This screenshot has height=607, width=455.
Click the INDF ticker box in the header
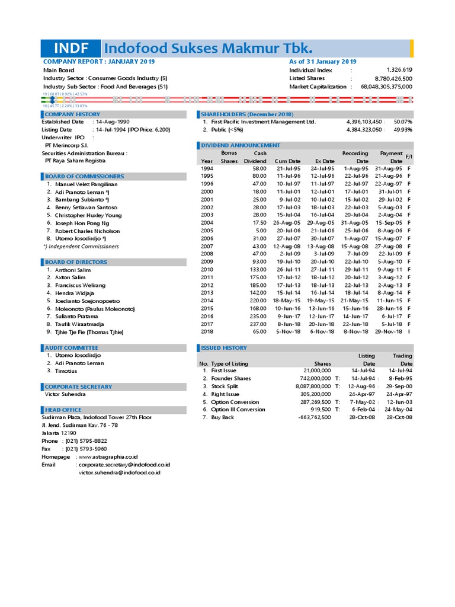71,48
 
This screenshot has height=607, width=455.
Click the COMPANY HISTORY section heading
72,114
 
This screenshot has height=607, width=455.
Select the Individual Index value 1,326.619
399,70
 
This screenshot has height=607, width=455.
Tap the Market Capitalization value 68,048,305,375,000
386,87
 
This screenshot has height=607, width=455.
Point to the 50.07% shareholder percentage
403,122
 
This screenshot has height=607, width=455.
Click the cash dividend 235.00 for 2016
258,317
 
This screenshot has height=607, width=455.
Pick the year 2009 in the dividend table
207,261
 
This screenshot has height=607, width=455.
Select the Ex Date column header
325,161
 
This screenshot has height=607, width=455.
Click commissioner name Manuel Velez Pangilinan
87,184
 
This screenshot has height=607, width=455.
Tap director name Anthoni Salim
71,270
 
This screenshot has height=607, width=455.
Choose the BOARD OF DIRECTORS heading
76,261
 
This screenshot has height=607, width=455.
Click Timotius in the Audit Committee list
66,370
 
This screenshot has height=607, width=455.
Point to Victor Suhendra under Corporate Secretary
65,394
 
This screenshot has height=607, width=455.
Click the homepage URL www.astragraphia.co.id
108,457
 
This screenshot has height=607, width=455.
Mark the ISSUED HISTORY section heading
223,347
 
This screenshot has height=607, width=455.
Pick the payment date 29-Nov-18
389,332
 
